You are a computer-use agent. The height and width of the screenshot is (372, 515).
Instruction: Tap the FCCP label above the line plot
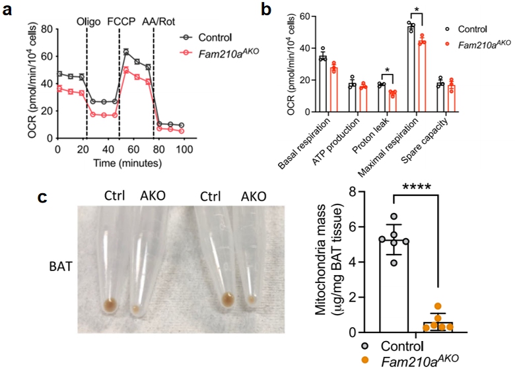[x=121, y=20]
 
